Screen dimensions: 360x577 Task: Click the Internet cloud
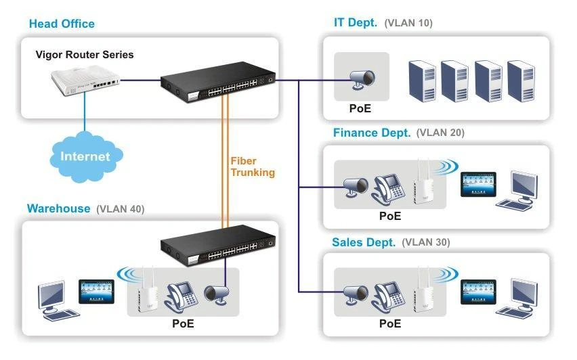85,156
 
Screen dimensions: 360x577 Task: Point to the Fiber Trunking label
253,166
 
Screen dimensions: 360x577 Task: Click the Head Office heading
62,24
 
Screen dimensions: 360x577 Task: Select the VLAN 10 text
408,23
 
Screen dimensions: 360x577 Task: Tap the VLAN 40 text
121,208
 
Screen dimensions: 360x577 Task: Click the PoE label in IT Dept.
360,108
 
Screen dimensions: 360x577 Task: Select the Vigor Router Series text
85,55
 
